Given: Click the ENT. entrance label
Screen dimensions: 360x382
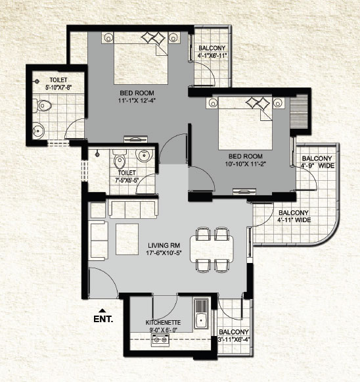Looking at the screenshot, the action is coord(103,319).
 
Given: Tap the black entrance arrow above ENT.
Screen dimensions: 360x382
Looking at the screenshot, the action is coord(102,310).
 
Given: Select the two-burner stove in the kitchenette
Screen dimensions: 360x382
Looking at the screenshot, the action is coord(160,339).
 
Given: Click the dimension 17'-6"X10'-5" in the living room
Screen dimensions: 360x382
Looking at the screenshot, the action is coord(164,253).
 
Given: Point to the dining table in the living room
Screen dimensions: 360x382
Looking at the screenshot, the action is coord(212,249).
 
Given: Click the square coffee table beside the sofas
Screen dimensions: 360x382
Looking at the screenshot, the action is coord(127,239).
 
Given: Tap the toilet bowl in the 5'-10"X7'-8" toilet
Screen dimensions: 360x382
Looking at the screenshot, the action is coord(42,105).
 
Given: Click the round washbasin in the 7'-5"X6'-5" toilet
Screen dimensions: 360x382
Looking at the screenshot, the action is coord(144,155).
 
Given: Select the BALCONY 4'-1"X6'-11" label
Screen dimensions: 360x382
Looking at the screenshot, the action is coord(212,52).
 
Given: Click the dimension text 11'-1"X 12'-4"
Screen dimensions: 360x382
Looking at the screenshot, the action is coord(137,100).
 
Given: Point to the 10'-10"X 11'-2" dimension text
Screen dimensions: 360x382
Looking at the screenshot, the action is coord(245,164).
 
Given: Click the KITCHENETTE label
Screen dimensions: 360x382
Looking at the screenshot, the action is coord(163,323).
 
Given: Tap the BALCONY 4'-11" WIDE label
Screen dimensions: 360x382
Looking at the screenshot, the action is coord(294,216).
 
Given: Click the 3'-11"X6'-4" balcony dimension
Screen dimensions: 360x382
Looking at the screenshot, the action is coord(234,339).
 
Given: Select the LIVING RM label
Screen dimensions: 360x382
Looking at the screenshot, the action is coord(164,245).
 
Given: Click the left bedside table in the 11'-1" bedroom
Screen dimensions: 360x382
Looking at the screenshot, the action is coord(108,37).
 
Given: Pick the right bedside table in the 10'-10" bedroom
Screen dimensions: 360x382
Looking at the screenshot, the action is coord(279,103).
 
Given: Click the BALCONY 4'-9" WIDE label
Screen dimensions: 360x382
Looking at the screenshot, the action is coord(318,162).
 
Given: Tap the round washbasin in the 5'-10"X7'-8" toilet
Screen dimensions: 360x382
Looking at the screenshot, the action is coord(39,131).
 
